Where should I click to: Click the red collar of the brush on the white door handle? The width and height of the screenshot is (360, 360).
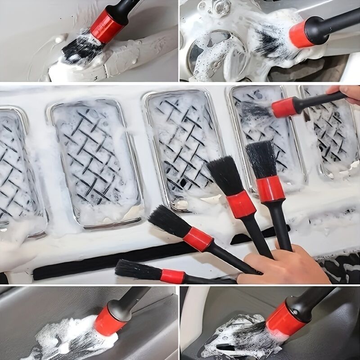pyautogui.click(x=108, y=26)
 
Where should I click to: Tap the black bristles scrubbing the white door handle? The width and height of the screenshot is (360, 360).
pyautogui.click(x=81, y=49)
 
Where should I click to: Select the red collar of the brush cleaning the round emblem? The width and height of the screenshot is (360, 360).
pyautogui.click(x=301, y=34)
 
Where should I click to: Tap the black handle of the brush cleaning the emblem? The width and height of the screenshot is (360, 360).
pyautogui.click(x=333, y=22)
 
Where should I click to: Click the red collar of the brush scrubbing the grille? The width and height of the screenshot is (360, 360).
pyautogui.click(x=284, y=107)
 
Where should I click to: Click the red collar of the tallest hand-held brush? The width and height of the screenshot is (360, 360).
pyautogui.click(x=270, y=188)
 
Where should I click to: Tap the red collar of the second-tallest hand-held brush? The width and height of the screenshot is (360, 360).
pyautogui.click(x=241, y=205)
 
